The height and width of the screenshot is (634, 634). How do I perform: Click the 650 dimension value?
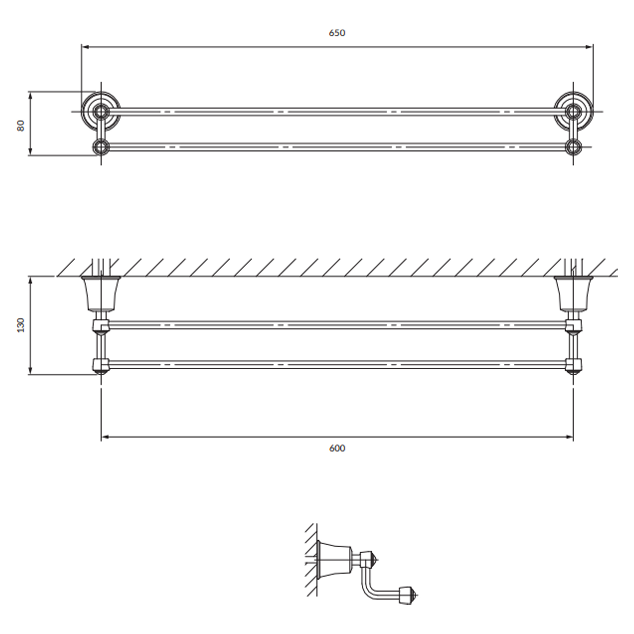[x=337, y=33]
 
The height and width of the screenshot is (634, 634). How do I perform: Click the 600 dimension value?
[x=337, y=448]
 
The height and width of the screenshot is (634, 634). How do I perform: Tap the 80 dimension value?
[x=21, y=126]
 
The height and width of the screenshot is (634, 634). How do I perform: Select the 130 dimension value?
[x=21, y=325]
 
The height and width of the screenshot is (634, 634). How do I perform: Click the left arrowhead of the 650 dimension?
[x=85, y=47]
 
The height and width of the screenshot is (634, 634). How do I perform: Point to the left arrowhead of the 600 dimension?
[x=105, y=437]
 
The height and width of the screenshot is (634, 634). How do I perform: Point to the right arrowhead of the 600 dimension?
[x=570, y=437]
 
